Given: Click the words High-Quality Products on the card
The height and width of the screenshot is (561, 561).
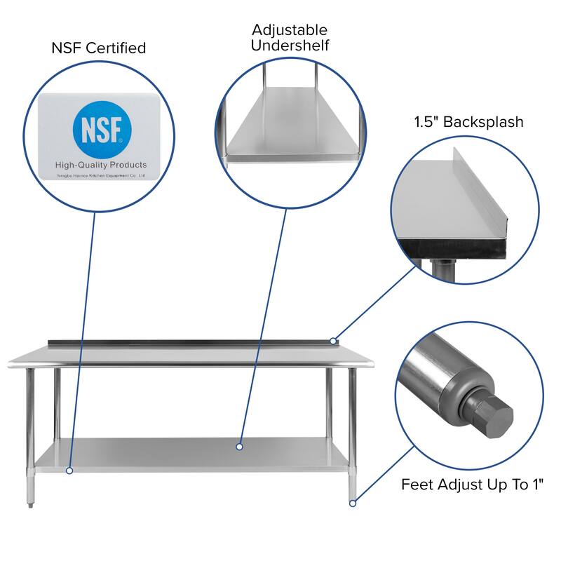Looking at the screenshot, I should [101, 165].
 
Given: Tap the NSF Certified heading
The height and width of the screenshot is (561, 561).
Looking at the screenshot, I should [99, 48].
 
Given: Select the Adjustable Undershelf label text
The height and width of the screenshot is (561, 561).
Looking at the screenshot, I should [290, 38].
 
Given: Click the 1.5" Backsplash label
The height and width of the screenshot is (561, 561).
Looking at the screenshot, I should [468, 122].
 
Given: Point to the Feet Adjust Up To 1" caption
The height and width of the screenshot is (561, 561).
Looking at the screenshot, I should [472, 484].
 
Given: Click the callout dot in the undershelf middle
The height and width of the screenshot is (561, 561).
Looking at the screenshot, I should [239, 446].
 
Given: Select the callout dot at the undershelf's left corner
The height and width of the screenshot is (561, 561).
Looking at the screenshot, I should [69, 471].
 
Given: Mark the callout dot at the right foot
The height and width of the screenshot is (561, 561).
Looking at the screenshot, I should [353, 502].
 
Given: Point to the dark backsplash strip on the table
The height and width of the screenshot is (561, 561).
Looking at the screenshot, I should [189, 343].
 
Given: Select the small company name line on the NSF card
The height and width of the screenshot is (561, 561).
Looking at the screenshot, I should [101, 175].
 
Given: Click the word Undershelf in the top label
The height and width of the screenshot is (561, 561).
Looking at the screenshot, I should [290, 46].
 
